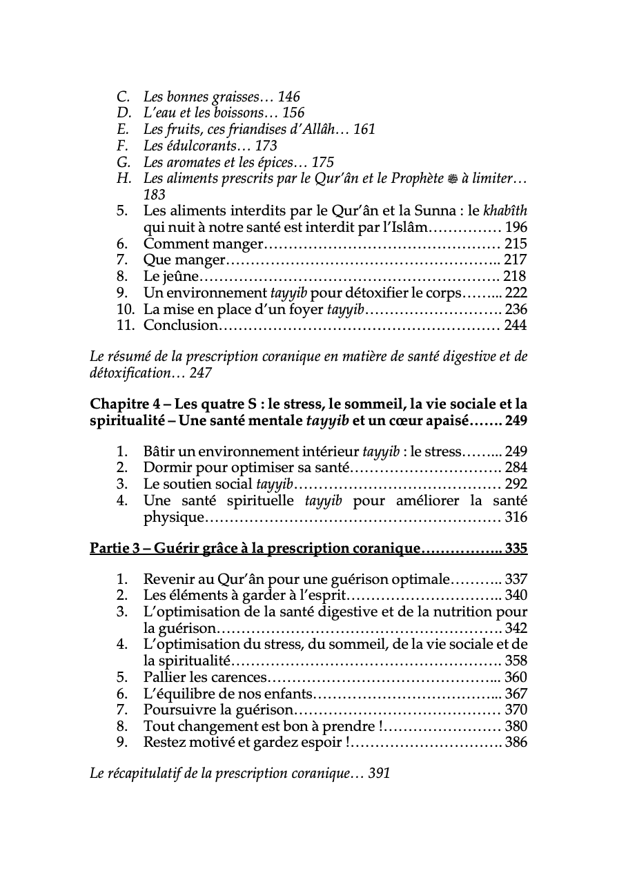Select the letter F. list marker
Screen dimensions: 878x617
124,146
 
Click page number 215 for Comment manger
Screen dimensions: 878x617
516,244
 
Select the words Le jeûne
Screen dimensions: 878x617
171,276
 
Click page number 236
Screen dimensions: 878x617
516,309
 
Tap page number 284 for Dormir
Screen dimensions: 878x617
516,468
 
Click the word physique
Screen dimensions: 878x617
175,517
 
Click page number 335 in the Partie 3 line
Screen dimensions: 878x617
516,549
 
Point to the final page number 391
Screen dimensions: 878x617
379,774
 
